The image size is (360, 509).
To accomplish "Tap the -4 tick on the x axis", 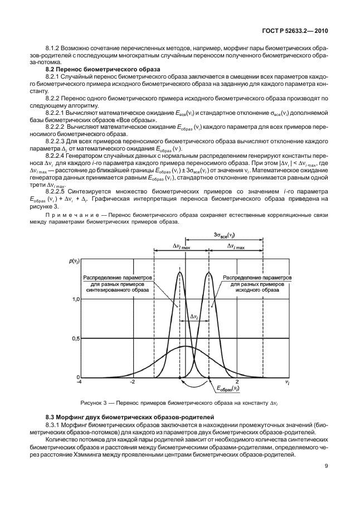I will [x=79, y=384].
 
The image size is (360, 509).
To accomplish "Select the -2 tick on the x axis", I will [x=133, y=384].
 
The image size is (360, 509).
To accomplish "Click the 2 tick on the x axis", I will [x=237, y=384].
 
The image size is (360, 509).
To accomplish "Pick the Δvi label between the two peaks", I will [x=194, y=316].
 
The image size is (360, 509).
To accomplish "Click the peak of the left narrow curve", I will [x=179, y=273].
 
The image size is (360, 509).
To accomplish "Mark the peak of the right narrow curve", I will [x=209, y=273].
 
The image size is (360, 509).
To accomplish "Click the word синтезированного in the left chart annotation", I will [x=119, y=290].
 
